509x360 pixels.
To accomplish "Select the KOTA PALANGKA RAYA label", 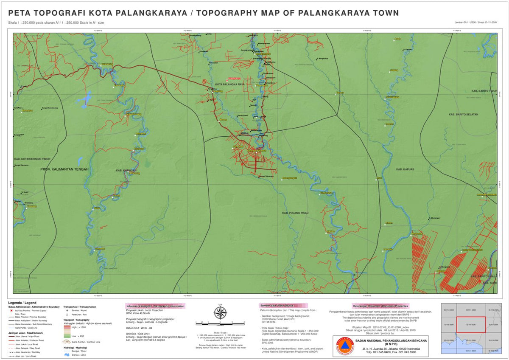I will click(x=230, y=84).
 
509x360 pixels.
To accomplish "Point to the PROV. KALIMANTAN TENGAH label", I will click(x=64, y=169).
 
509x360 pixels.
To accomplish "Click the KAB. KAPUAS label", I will click(x=405, y=169).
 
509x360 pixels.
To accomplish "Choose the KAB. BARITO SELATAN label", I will click(x=464, y=115).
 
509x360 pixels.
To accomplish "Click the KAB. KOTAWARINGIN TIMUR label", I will click(x=32, y=159).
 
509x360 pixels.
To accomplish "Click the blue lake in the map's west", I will click(x=83, y=100).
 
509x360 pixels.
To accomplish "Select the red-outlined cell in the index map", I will click(x=471, y=325).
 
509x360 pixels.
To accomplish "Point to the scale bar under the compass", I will click(x=220, y=323).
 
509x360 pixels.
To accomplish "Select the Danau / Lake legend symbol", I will click(x=67, y=354).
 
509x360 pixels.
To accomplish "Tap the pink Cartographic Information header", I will click(x=155, y=306).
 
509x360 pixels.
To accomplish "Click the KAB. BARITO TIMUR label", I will click(x=484, y=91).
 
